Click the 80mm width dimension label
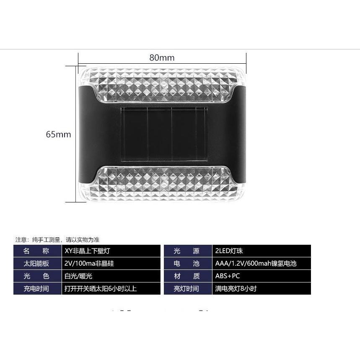click(x=162, y=58)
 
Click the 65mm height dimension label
click(x=59, y=134)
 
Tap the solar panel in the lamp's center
click(x=164, y=134)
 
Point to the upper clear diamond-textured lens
click(x=162, y=85)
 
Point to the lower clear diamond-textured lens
click(x=162, y=184)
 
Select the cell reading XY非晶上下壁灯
click(x=87, y=251)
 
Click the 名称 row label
click(x=36, y=251)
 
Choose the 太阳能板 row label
click(x=36, y=263)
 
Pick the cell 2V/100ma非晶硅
click(x=89, y=263)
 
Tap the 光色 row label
click(x=36, y=276)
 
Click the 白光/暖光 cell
click(x=78, y=276)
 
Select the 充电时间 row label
click(x=36, y=289)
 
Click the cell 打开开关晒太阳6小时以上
click(x=101, y=289)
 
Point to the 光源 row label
click(x=186, y=251)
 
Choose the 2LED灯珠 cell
click(x=229, y=251)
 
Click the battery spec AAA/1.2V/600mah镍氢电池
click(x=256, y=263)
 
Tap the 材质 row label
click(x=186, y=276)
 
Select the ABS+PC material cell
click(x=228, y=276)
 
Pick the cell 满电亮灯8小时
click(x=236, y=289)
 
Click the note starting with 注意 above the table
click(x=57, y=240)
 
